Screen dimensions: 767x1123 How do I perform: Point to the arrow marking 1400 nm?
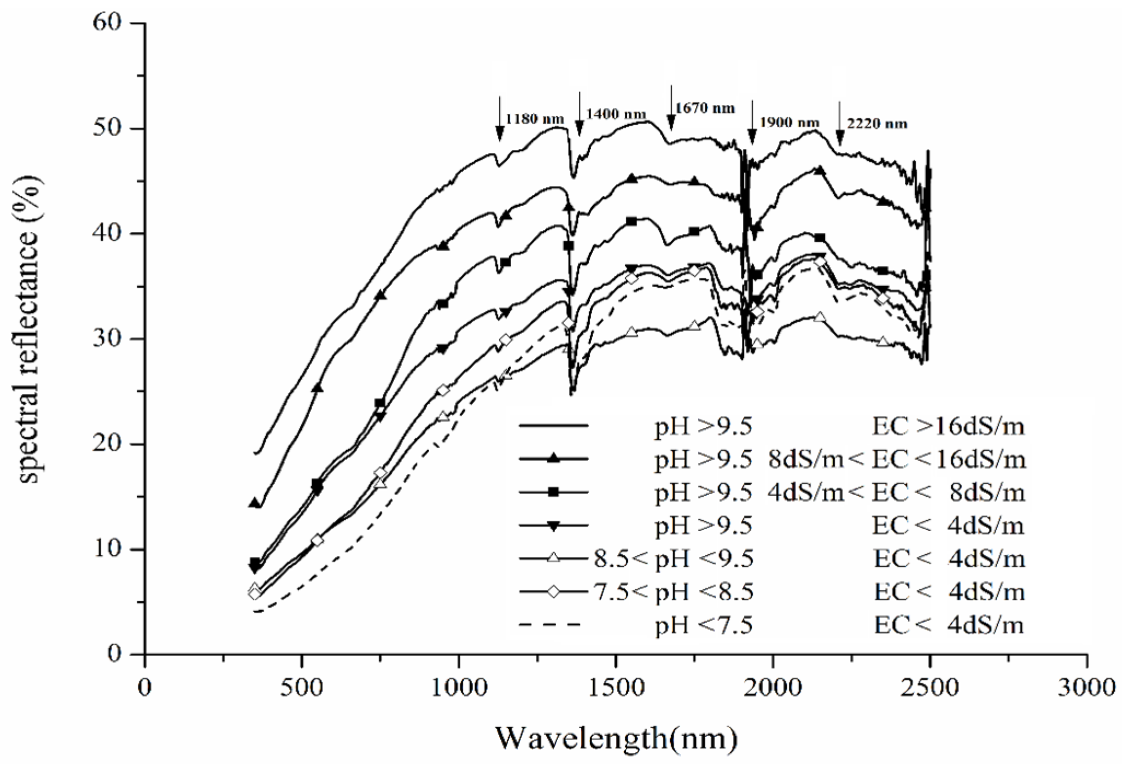(x=579, y=115)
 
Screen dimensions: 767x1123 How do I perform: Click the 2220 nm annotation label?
(x=877, y=124)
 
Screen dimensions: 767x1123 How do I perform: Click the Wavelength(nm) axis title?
(x=616, y=739)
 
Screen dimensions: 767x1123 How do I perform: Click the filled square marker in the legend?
(x=553, y=492)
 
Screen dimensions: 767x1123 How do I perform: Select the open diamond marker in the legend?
(x=553, y=591)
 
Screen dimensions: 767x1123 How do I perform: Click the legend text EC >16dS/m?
(x=947, y=426)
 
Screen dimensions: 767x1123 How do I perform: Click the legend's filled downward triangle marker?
(x=553, y=526)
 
